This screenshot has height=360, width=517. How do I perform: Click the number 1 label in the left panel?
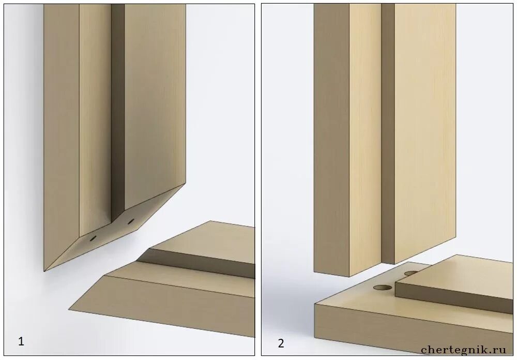(x=21, y=341)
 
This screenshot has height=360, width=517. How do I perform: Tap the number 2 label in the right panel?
(x=281, y=343)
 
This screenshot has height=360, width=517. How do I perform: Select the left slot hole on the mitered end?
(x=93, y=237)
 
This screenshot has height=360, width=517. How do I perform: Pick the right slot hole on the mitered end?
(x=131, y=221)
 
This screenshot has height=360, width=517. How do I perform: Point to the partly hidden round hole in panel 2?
(x=411, y=273)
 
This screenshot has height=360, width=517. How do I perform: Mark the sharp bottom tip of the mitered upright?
(x=44, y=271)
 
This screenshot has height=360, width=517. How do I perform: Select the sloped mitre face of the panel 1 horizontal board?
(x=161, y=307)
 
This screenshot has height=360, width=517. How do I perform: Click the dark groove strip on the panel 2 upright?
(x=388, y=132)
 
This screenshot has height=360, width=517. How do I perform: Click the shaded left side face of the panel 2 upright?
(x=332, y=139)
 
